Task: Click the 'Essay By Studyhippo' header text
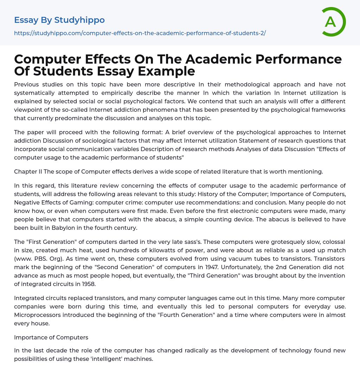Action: click(x=59, y=20)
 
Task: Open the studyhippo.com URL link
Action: click(x=140, y=33)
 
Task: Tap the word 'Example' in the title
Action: click(x=167, y=71)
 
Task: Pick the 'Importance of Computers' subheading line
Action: click(x=51, y=337)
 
